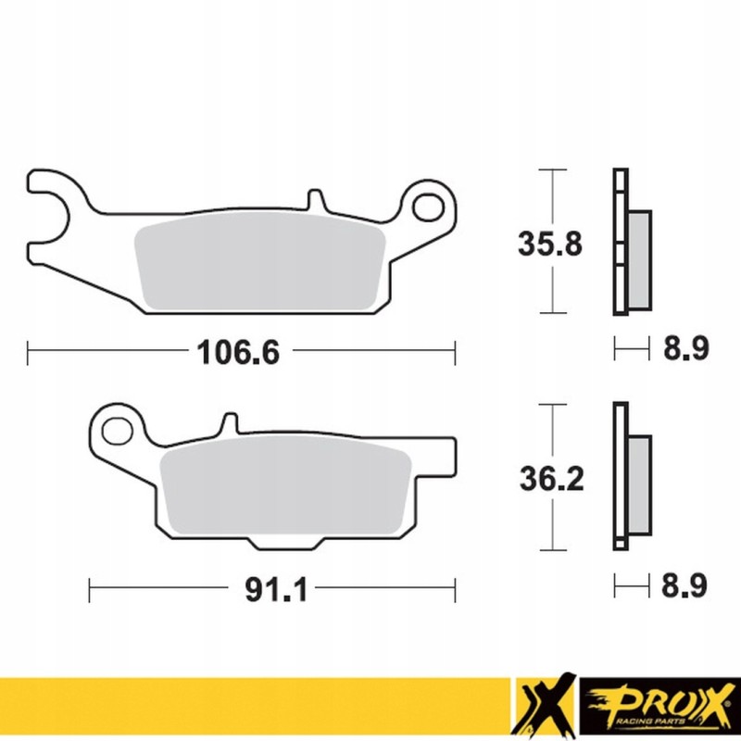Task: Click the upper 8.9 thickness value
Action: pyautogui.click(x=686, y=350)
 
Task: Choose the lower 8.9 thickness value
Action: pyautogui.click(x=686, y=586)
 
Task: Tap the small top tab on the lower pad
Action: pyautogui.click(x=229, y=424)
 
